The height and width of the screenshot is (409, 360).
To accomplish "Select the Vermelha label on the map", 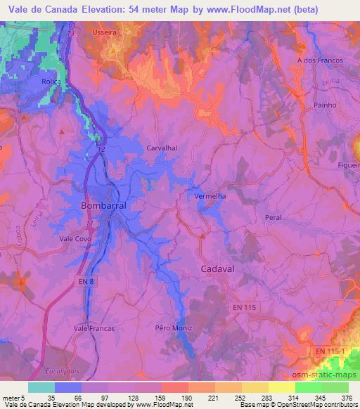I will (x=210, y=197).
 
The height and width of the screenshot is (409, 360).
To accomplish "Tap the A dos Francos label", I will (x=320, y=60).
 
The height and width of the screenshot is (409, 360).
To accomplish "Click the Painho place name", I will (x=324, y=104).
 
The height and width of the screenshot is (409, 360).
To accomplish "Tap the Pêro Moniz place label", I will (x=173, y=328).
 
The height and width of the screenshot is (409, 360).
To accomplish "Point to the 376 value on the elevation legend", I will (x=345, y=397).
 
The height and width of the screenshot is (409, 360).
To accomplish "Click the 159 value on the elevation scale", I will (x=155, y=397).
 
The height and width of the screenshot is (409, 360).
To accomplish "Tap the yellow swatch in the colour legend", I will (x=281, y=387).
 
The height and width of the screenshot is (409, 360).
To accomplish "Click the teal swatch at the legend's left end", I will (x=41, y=387).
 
